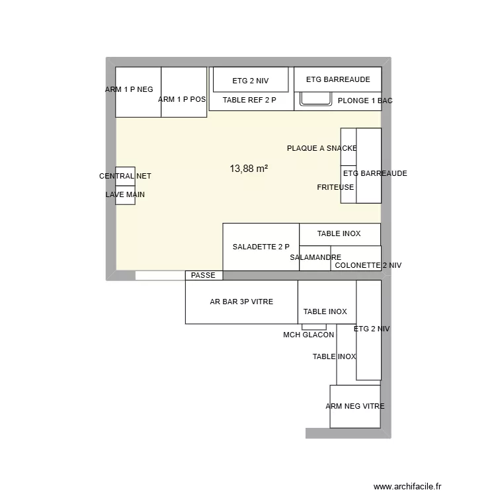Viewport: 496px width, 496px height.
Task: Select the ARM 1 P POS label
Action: [x=182, y=99]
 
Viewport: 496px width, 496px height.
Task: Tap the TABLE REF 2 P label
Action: [x=249, y=100]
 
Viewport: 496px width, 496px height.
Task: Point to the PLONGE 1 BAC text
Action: [x=364, y=101]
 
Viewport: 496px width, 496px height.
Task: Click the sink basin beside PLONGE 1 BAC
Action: [x=316, y=99]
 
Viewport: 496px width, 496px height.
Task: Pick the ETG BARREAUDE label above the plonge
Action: [x=337, y=79]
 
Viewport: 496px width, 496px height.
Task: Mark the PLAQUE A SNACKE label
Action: [x=321, y=148]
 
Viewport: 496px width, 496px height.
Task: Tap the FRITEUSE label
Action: [x=335, y=187]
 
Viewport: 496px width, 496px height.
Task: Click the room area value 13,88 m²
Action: [x=249, y=169]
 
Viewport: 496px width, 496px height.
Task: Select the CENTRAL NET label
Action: [x=125, y=176]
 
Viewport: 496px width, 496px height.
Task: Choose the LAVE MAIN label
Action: [x=125, y=195]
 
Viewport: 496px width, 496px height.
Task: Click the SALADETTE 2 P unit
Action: [x=261, y=247]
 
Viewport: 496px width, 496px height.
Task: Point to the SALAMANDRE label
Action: [x=315, y=257]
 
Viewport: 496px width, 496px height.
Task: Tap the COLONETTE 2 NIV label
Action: [x=368, y=265]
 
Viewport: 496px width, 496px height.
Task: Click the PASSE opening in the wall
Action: [x=203, y=275]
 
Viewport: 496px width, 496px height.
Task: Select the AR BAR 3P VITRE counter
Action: [x=241, y=302]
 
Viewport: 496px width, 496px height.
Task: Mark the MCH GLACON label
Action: [x=308, y=335]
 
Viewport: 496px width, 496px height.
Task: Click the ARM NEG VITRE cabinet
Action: [x=354, y=406]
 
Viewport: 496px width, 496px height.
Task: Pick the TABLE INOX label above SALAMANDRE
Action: [x=339, y=233]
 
